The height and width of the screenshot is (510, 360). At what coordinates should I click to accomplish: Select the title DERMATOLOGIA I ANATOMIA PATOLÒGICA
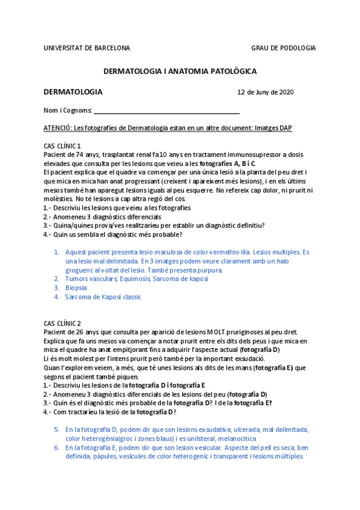(180, 71)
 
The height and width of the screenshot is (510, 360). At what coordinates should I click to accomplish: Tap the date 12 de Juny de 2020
(266, 93)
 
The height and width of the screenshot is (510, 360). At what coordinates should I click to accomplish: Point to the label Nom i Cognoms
(68, 111)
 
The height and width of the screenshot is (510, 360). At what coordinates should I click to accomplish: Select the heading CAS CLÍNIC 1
(63, 146)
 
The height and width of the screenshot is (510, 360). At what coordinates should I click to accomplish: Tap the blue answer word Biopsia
(76, 287)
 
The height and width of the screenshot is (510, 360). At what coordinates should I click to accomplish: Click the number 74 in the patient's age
(81, 155)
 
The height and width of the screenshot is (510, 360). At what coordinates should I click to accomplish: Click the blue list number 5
(56, 429)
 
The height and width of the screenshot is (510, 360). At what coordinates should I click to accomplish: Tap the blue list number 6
(56, 447)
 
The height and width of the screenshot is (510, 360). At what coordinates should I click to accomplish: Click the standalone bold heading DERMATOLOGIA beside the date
(73, 92)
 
